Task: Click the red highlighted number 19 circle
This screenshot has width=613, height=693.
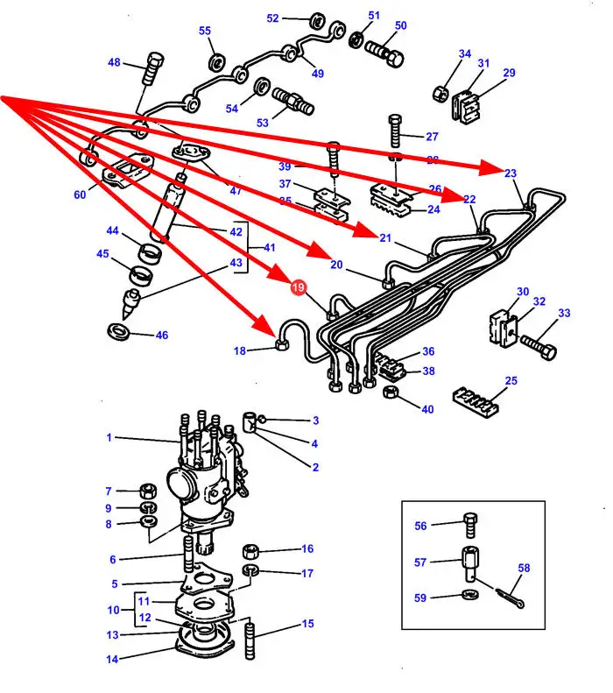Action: coord(299,288)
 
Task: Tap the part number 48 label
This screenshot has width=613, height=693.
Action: coord(115,62)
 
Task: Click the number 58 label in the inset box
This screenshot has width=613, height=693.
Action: coord(524,569)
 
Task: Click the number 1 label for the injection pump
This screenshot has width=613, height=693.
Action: coord(109,437)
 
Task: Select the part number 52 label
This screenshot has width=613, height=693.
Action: coord(272,18)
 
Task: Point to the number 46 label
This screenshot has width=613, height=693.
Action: coord(161,335)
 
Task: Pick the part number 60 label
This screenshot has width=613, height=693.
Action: coord(80,194)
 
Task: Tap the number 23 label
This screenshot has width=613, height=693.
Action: coord(511,173)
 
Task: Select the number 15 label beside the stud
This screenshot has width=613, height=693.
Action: coord(307,624)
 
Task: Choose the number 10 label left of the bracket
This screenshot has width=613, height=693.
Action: coord(113,610)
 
